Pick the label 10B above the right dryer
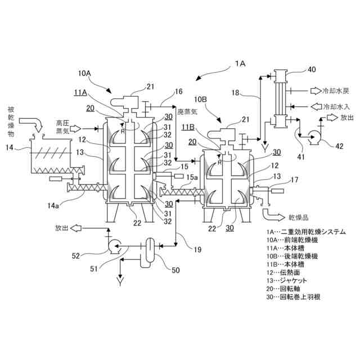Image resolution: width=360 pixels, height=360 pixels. [x=201, y=99]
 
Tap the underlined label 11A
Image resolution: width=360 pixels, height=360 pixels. [x=80, y=92]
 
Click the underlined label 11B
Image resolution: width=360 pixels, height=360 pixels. [x=188, y=127]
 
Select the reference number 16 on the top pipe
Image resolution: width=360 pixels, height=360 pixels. [x=178, y=91]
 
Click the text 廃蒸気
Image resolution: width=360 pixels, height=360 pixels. [x=188, y=112]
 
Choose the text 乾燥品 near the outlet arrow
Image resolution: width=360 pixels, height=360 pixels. [x=299, y=216]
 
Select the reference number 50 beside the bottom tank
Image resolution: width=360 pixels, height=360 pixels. [x=176, y=271]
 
